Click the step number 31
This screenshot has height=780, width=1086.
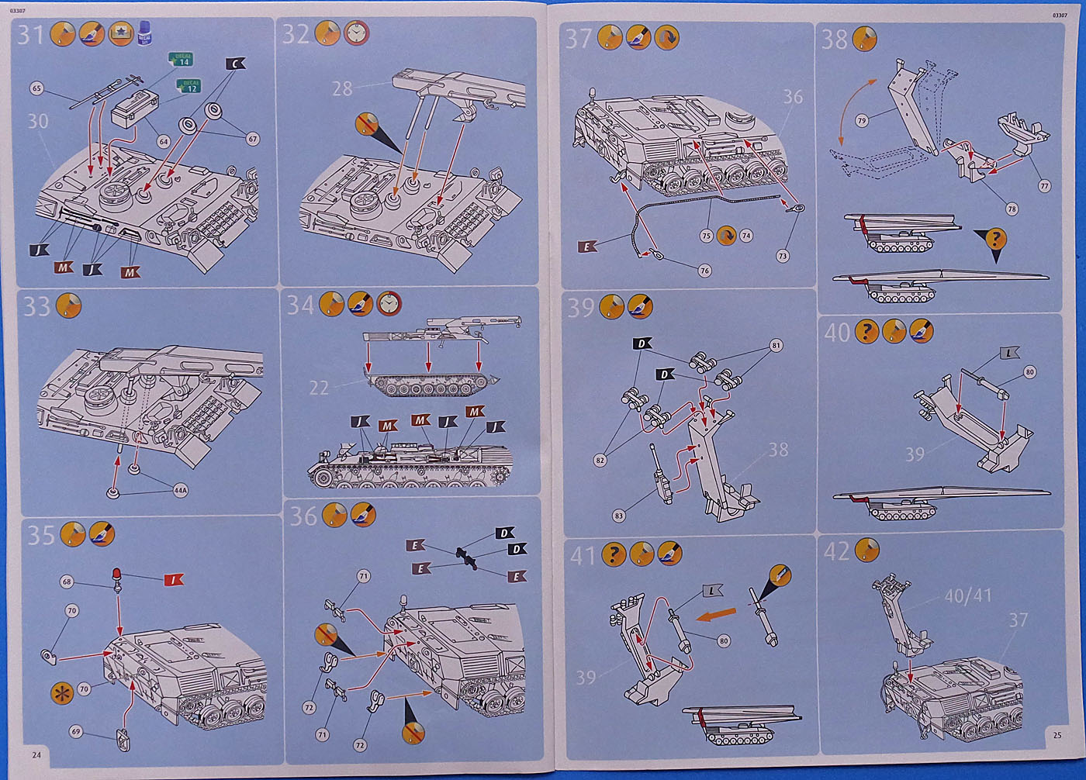pos(32,36)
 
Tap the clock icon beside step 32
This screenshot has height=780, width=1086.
pos(356,33)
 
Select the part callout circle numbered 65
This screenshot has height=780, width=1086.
pos(36,88)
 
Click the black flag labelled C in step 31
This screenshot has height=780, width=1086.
pos(236,64)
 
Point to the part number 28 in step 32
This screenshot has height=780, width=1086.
pos(342,89)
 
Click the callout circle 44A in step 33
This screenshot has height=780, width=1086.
pos(180,490)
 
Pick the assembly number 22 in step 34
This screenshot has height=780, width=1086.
pos(319,388)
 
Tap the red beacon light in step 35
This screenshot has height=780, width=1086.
pos(117,575)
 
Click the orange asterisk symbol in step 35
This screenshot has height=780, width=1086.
pos(61,692)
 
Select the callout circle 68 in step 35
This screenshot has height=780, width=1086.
pos(67,582)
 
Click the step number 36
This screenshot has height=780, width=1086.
pos(303,516)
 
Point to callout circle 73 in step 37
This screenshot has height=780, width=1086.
pos(782,256)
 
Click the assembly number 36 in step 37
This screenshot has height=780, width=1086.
pos(792,97)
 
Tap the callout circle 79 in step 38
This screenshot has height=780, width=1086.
pos(862,121)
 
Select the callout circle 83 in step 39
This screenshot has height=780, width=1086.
pos(618,516)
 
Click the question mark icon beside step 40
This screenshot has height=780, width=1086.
pos(866,332)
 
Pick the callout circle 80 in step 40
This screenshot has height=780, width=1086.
pos(1029,372)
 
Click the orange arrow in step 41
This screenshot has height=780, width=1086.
pos(715,616)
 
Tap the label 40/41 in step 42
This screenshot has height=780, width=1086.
pos(967,595)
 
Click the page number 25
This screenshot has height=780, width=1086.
pos(1057,735)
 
